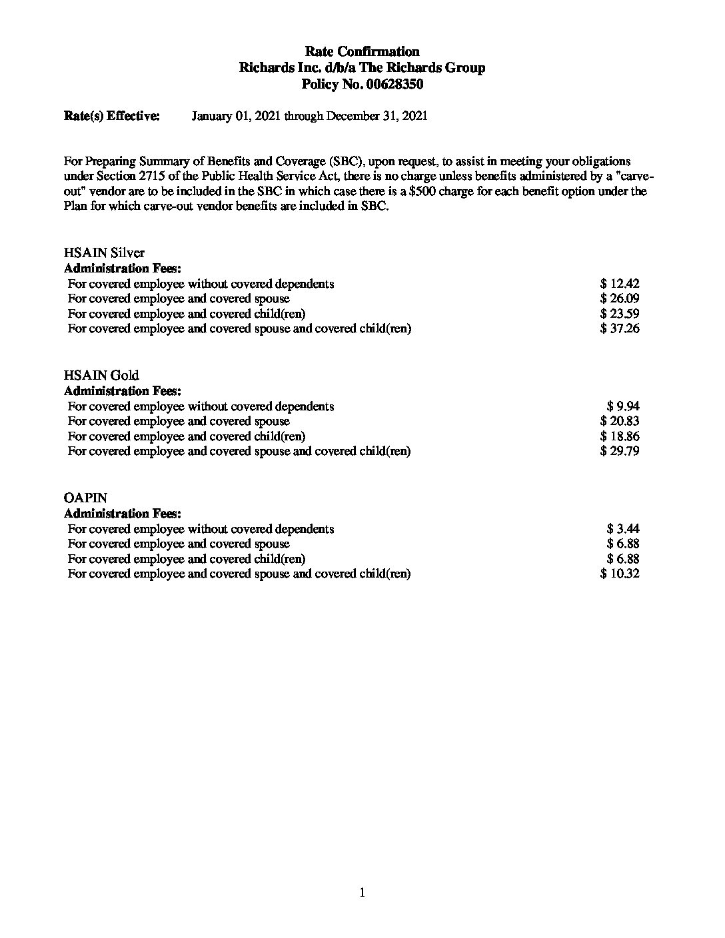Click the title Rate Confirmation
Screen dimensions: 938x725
362,52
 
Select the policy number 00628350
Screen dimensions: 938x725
390,85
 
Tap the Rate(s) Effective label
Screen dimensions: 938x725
111,116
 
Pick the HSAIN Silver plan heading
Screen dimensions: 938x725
104,253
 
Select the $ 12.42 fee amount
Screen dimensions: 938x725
620,284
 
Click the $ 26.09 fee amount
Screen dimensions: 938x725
620,298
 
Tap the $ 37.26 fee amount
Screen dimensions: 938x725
620,328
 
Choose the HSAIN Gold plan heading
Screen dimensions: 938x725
101,376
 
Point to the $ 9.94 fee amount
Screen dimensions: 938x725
623,406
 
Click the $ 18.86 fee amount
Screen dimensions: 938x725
620,436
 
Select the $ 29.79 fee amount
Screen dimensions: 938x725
620,451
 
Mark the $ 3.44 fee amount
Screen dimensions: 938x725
623,529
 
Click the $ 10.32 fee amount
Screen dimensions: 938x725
620,574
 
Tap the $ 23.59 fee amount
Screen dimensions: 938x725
620,314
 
